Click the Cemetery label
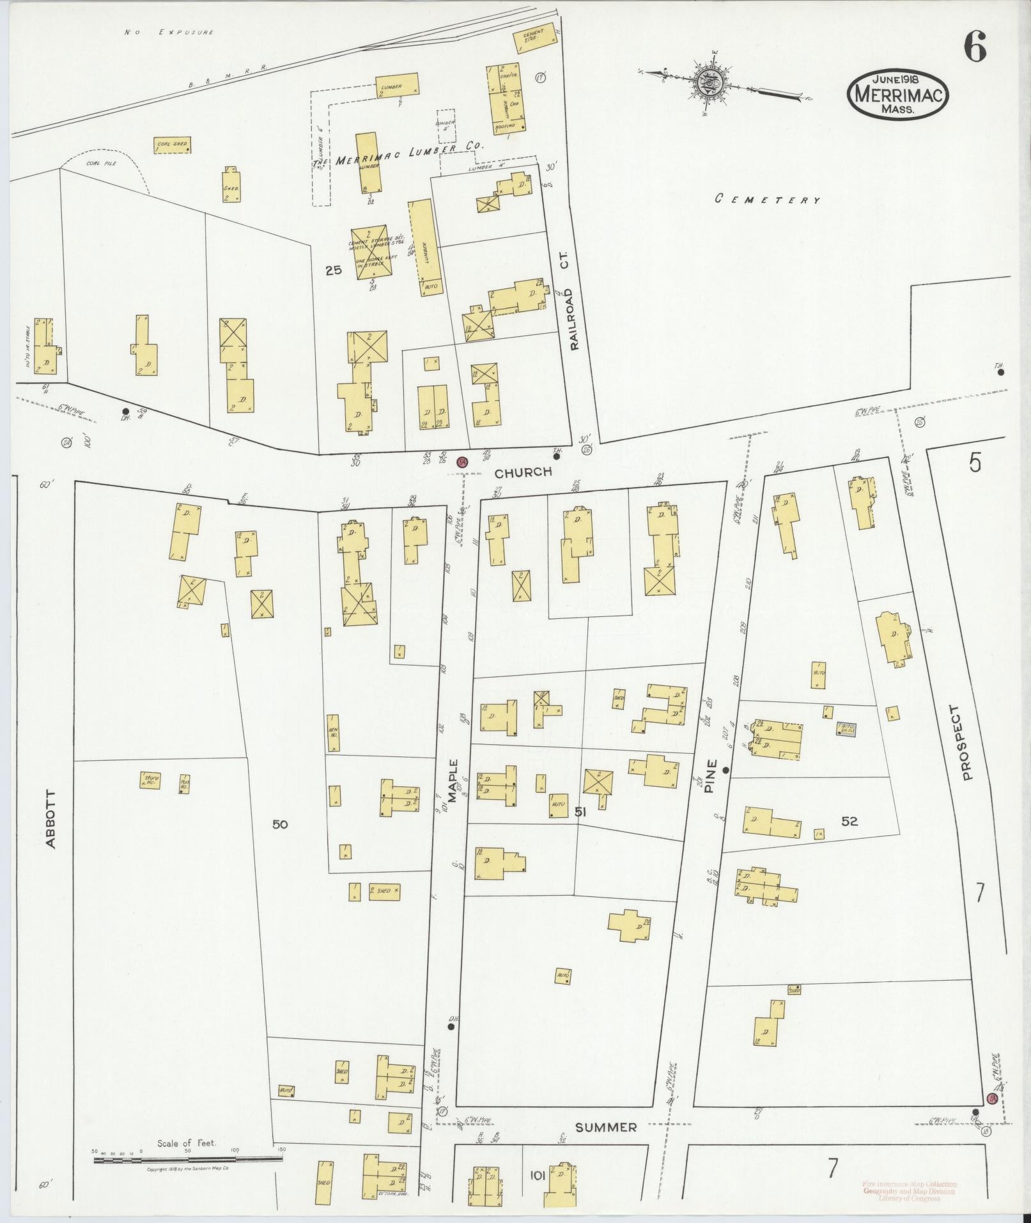(766, 199)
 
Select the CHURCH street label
(523, 472)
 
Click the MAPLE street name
(454, 781)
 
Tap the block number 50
(279, 825)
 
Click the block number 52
(849, 822)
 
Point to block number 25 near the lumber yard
(333, 270)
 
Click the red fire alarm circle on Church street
(461, 462)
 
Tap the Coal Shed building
(172, 145)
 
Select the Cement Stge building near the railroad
(529, 41)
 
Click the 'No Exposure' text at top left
(169, 32)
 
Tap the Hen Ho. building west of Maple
(332, 732)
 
